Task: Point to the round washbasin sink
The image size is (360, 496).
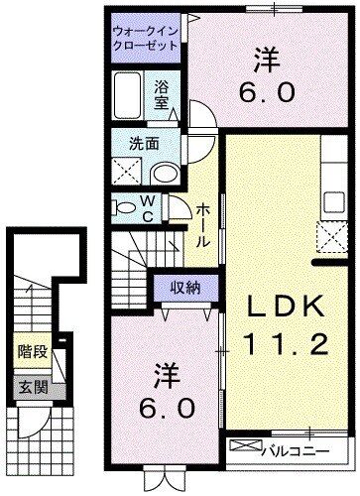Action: click(165, 173)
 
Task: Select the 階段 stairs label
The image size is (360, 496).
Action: click(31, 351)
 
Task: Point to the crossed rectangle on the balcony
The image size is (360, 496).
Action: click(243, 447)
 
